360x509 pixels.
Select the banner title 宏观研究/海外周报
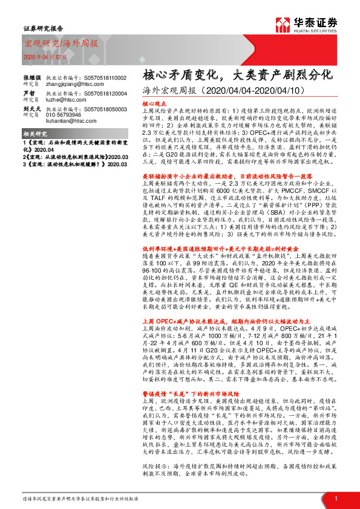(x=52, y=43)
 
